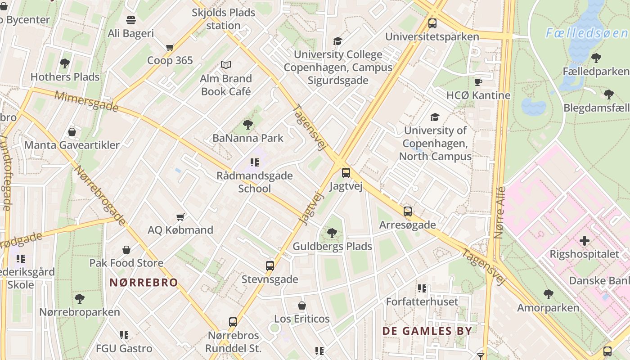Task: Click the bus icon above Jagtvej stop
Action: [346, 172]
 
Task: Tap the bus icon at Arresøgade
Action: [408, 211]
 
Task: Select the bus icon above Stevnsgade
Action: [270, 265]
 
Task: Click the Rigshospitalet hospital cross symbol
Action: [585, 241]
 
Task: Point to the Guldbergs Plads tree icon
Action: [332, 233]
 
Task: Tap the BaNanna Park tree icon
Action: [247, 124]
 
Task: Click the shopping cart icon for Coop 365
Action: [170, 47]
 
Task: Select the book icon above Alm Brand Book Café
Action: [226, 65]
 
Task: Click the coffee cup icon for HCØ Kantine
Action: [478, 82]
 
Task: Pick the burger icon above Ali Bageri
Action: [131, 20]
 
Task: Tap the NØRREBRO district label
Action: [144, 283]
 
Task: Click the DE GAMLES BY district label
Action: [427, 331]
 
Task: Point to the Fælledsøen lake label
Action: [587, 33]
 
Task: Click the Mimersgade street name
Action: [86, 101]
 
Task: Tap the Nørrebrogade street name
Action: [99, 195]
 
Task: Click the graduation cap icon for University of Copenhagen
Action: [435, 117]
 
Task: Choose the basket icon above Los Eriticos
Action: [302, 306]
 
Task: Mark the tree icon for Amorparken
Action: [548, 294]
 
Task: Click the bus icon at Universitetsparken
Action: [432, 23]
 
